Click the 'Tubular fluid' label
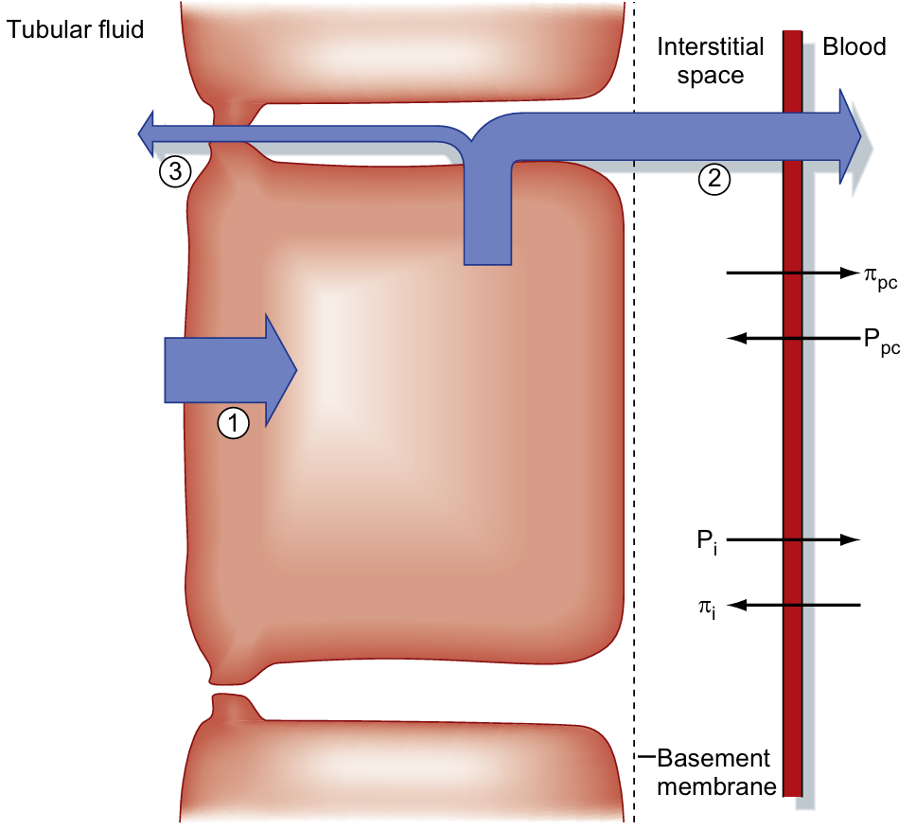75,29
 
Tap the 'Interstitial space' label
700,61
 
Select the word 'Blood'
854,46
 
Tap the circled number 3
175,170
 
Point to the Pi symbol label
706,542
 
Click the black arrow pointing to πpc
790,273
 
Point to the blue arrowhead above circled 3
150,133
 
